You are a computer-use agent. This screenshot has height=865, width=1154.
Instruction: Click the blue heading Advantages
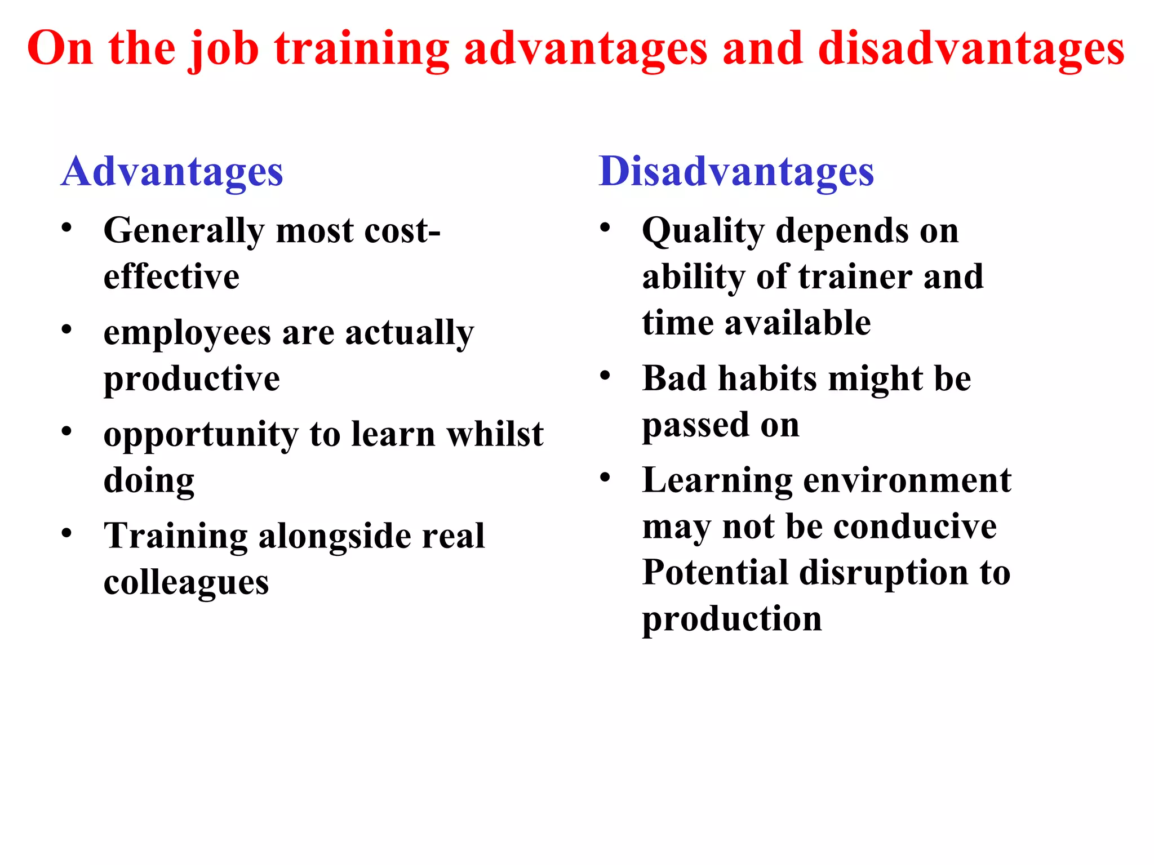pyautogui.click(x=172, y=172)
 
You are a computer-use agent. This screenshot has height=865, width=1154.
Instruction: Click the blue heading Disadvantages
pyautogui.click(x=736, y=172)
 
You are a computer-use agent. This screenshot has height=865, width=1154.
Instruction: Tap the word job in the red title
pyautogui.click(x=224, y=50)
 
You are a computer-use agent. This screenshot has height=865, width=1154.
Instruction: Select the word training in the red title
pyautogui.click(x=362, y=50)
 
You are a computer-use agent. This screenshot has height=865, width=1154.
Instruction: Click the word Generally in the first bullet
pyautogui.click(x=184, y=231)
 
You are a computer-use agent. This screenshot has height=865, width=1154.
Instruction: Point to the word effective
pyautogui.click(x=171, y=277)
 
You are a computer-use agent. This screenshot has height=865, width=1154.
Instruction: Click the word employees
pyautogui.click(x=187, y=334)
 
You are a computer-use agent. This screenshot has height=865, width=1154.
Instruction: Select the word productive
pyautogui.click(x=192, y=379)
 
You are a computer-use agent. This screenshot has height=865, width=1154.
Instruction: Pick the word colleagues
pyautogui.click(x=186, y=583)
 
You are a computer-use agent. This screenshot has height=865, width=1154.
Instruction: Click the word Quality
pyautogui.click(x=703, y=231)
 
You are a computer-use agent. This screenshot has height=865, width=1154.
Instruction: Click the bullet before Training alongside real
pyautogui.click(x=67, y=533)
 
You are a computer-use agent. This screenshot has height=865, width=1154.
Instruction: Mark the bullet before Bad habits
pyautogui.click(x=605, y=375)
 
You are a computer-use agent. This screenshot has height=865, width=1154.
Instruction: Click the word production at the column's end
pyautogui.click(x=732, y=619)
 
